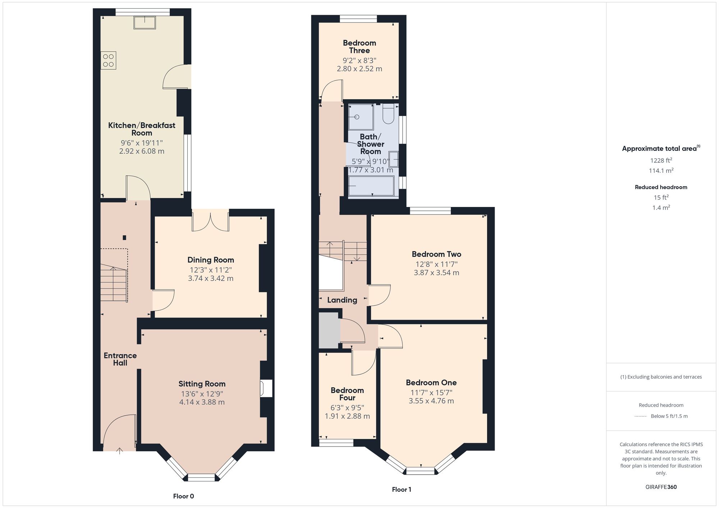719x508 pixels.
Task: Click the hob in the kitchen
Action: pyautogui.click(x=108, y=60)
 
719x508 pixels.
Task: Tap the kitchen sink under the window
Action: pyautogui.click(x=145, y=23)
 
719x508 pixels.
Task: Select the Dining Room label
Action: pyautogui.click(x=211, y=260)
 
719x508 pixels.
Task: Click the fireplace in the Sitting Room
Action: pyautogui.click(x=267, y=388)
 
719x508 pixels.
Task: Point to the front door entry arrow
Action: pyautogui.click(x=120, y=451)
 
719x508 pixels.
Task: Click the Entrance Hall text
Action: pyautogui.click(x=120, y=359)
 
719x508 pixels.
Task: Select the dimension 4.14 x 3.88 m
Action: pyautogui.click(x=202, y=402)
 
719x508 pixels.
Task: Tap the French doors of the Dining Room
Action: pyautogui.click(x=211, y=221)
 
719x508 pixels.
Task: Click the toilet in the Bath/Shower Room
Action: pyautogui.click(x=388, y=114)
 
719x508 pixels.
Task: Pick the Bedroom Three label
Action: pyautogui.click(x=359, y=47)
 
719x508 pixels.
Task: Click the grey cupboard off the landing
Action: pyautogui.click(x=329, y=330)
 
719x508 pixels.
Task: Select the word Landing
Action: pyautogui.click(x=342, y=300)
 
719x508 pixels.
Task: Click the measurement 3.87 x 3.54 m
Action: pyautogui.click(x=436, y=273)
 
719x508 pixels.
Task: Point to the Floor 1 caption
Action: pyautogui.click(x=401, y=489)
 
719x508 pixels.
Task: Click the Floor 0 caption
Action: pyautogui.click(x=183, y=496)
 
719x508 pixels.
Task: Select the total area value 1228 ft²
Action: pyautogui.click(x=661, y=161)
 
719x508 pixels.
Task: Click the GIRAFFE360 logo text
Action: pyautogui.click(x=661, y=487)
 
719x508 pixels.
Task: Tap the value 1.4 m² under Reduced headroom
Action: pyautogui.click(x=661, y=208)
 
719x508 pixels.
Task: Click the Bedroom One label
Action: pyautogui.click(x=431, y=383)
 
